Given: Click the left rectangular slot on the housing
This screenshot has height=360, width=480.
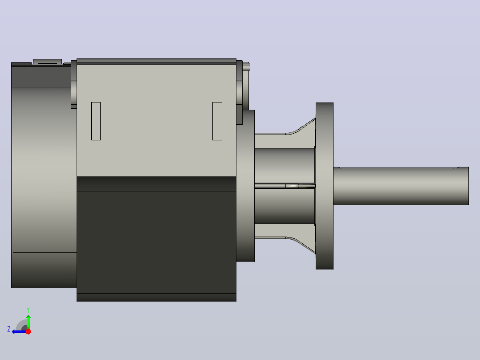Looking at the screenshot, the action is pos(96,121).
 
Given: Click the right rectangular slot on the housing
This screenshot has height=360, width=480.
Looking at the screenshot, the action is pos(217,121).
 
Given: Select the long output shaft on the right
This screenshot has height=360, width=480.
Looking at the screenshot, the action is pos(401,186).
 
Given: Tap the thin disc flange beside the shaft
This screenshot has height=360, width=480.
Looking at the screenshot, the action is pos(325,186).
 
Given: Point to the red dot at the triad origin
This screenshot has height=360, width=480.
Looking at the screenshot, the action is pos(28,331).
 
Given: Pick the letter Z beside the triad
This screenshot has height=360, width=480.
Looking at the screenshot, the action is pos(9,329).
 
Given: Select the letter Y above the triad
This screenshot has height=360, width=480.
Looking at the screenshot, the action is pos(28,310).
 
